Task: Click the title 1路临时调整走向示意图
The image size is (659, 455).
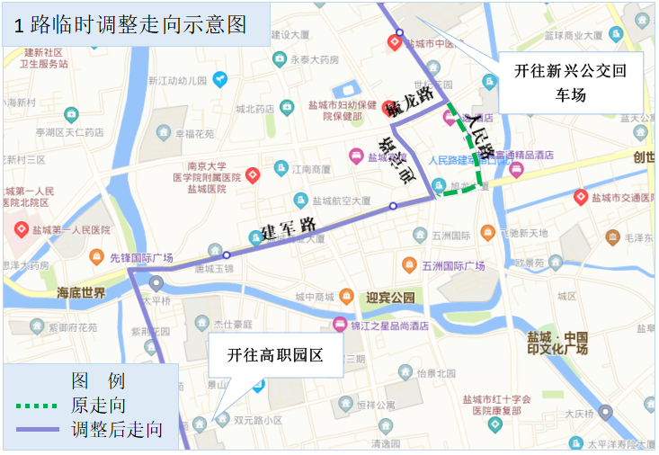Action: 130,25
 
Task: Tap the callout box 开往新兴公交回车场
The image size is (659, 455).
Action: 570,81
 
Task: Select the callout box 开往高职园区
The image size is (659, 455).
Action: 274,355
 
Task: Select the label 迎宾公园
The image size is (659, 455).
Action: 391,297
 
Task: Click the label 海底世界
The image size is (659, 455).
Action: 81,293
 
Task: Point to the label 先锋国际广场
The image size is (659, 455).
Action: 141,258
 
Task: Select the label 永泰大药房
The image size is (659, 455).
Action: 315,59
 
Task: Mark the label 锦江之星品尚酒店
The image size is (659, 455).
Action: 388,326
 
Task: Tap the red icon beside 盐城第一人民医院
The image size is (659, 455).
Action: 21,230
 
